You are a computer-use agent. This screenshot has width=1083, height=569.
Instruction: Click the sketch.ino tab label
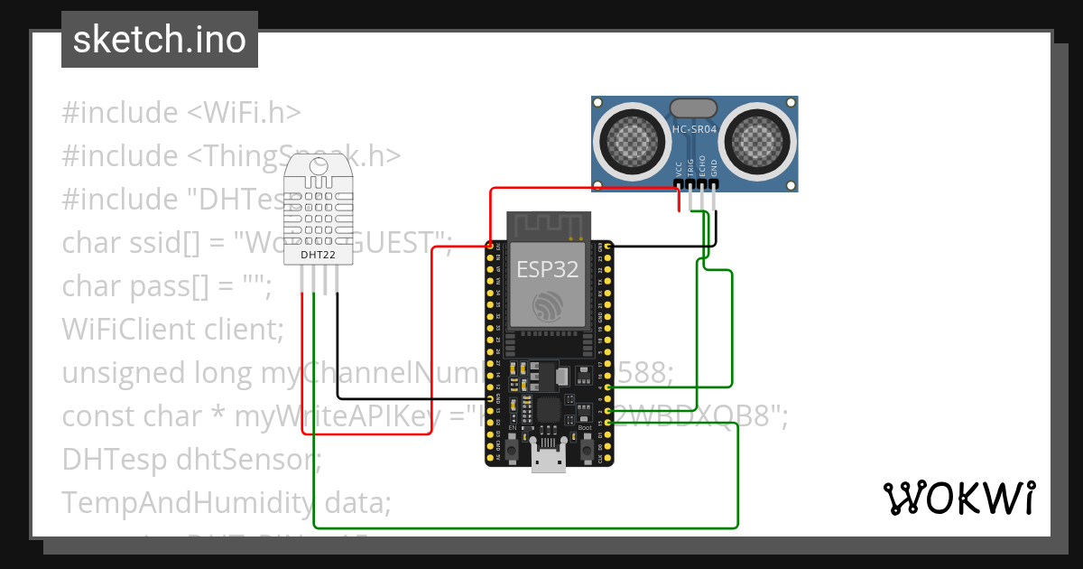click(159, 40)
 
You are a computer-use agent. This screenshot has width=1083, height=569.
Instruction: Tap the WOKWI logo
click(958, 498)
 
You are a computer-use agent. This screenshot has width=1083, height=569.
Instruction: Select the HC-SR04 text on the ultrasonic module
click(694, 129)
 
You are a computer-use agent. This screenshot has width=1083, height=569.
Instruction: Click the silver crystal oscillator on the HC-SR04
click(694, 108)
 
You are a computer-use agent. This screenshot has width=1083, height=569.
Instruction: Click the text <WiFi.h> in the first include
click(244, 113)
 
